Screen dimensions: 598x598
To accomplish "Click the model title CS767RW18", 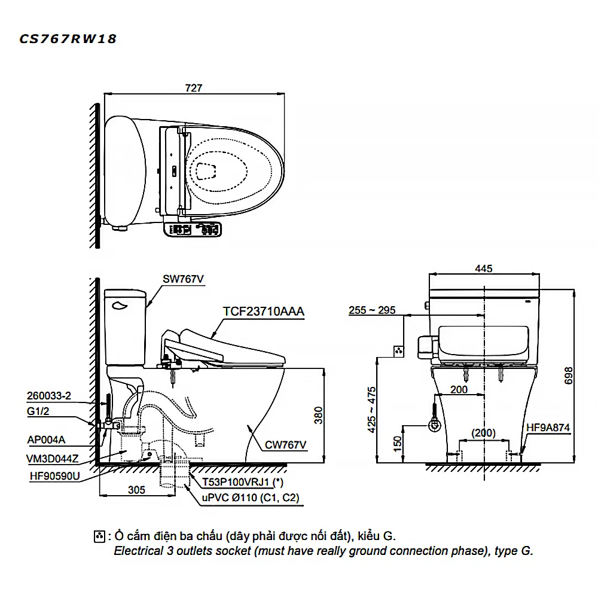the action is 68,39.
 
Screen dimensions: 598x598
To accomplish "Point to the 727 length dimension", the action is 194,88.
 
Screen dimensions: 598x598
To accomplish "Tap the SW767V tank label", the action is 183,279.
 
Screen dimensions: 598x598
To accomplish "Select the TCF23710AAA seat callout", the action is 264,311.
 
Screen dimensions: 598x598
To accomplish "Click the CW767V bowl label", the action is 285,445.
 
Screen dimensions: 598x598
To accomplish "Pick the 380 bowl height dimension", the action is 319,416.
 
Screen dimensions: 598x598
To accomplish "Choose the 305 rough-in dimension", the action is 136,490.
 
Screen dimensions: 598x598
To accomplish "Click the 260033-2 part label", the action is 49,396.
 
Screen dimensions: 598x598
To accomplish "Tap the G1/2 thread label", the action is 38,411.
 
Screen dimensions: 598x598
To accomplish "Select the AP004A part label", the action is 46,440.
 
